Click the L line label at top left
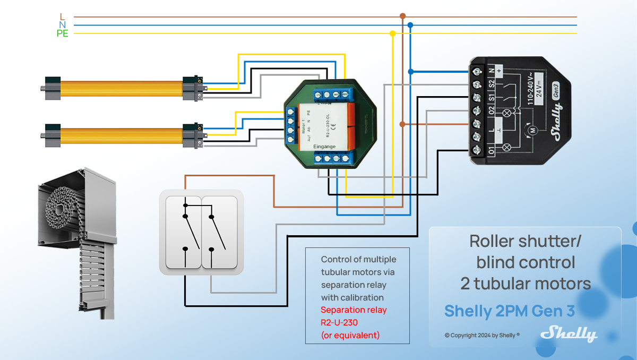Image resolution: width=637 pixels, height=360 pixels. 63,17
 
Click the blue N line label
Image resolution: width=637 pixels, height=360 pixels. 63,25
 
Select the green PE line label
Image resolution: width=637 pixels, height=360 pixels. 63,33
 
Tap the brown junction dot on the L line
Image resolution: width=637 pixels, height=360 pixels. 402,16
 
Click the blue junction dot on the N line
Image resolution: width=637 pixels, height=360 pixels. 410,25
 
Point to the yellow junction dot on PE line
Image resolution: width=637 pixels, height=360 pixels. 392,33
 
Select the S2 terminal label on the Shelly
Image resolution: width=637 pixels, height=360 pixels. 491,83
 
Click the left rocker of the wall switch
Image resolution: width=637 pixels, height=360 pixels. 183,232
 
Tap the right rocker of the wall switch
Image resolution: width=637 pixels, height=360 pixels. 219,232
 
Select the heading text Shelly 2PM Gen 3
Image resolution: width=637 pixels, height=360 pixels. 509,311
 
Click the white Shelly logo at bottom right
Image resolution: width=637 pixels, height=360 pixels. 569,333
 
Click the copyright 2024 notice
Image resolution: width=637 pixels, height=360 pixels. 482,335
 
